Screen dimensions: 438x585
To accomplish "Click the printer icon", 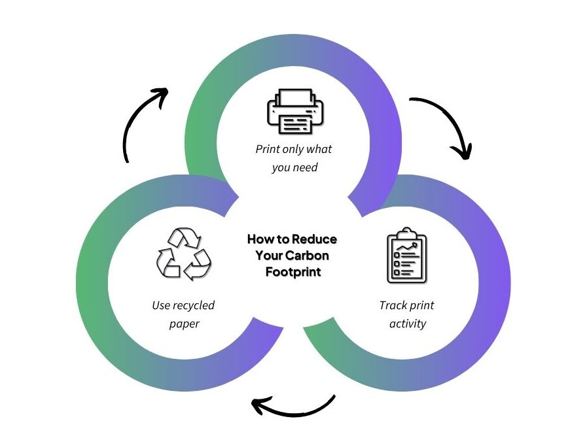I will click(x=294, y=112).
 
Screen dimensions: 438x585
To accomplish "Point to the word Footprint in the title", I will click(x=293, y=271).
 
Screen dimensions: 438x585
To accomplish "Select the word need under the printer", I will click(x=304, y=167).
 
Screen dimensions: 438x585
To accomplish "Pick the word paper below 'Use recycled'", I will click(x=184, y=323).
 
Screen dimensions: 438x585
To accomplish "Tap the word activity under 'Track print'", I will click(x=407, y=323).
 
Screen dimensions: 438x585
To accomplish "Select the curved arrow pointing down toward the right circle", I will click(x=444, y=125).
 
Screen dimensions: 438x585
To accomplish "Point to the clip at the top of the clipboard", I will click(x=406, y=232).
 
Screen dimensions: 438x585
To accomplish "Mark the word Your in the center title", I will click(x=270, y=255).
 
